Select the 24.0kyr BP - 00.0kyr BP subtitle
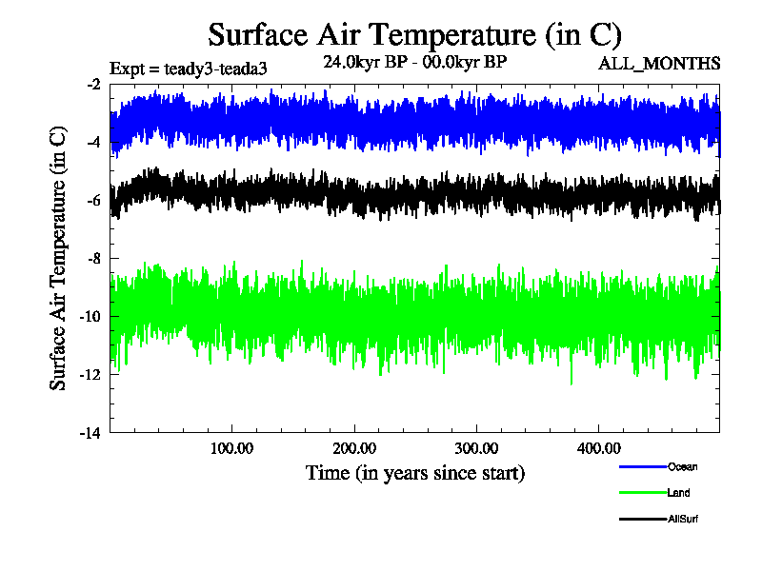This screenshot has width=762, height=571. tap(414, 62)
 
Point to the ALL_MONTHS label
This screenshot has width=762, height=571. tap(659, 64)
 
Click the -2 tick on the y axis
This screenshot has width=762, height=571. tap(93, 85)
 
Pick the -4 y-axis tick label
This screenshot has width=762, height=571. tap(93, 143)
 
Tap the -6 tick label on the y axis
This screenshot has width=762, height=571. tap(93, 201)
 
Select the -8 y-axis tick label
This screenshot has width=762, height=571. tap(93, 259)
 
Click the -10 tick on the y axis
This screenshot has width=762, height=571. tap(90, 317)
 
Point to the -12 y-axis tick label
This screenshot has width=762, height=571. tap(90, 375)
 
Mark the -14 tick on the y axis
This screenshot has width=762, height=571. tap(90, 433)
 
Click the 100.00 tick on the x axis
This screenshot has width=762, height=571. tap(231, 447)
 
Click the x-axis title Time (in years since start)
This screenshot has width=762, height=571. tap(414, 473)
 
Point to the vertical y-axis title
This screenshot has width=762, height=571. tap(59, 259)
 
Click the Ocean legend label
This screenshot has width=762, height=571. tap(682, 466)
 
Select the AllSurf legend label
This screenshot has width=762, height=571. tap(684, 519)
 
